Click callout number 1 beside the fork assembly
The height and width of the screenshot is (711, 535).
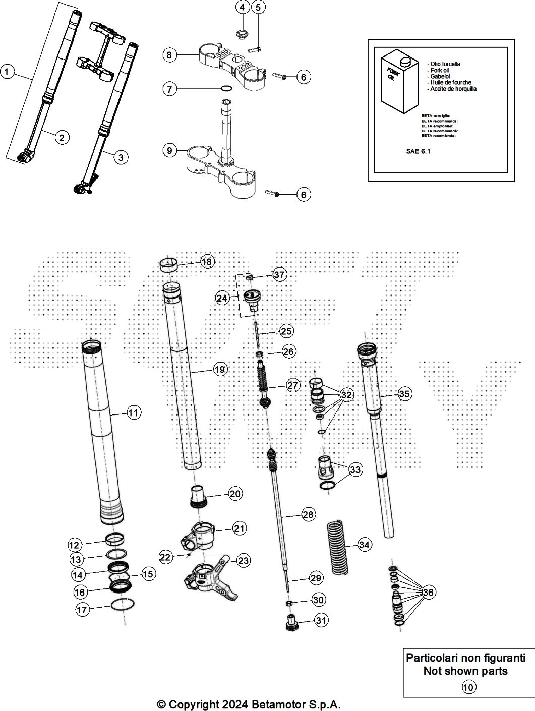(x=7, y=72)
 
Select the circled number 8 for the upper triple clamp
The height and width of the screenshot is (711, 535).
(x=169, y=54)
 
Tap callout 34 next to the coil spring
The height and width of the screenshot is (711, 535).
(x=365, y=545)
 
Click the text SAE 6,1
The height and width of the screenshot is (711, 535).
(x=419, y=150)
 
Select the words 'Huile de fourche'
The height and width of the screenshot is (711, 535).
(x=449, y=82)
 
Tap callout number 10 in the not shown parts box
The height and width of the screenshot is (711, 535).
(x=468, y=687)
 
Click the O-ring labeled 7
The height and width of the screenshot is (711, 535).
(x=227, y=89)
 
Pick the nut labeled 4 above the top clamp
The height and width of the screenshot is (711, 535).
(x=242, y=34)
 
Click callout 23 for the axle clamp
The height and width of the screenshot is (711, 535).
(x=244, y=560)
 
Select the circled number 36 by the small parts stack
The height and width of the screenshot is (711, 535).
(x=428, y=592)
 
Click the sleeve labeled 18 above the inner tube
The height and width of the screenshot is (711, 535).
(x=169, y=264)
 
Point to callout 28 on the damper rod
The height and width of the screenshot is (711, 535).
(x=308, y=514)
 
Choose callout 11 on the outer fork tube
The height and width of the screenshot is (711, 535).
(x=133, y=413)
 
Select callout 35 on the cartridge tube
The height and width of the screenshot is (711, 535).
(x=404, y=394)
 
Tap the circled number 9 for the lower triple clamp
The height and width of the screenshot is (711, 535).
(x=169, y=150)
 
